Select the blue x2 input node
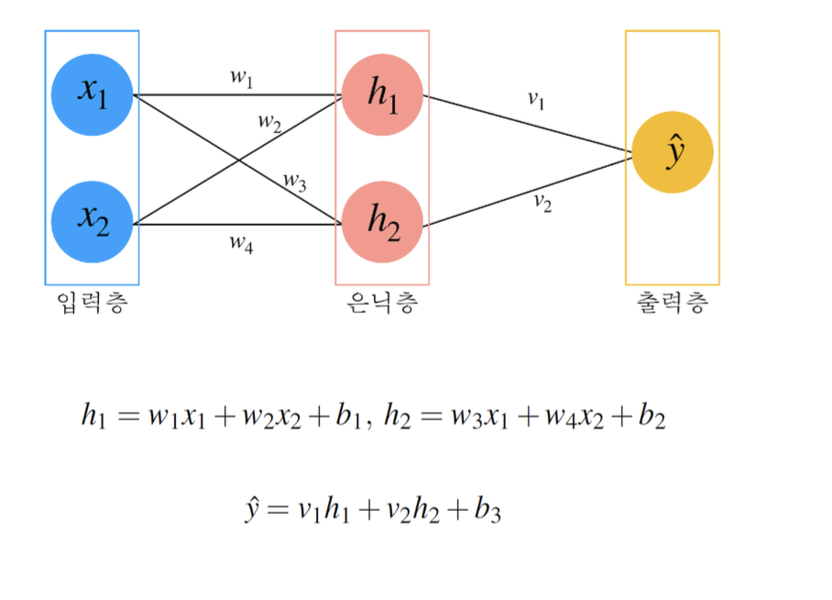pyautogui.click(x=93, y=222)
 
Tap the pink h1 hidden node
pyautogui.click(x=382, y=94)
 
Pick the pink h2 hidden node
pyautogui.click(x=382, y=222)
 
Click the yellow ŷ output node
pyautogui.click(x=673, y=153)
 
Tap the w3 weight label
pyautogui.click(x=294, y=181)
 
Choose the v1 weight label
pyautogui.click(x=536, y=100)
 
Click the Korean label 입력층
pyautogui.click(x=91, y=304)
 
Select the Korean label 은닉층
pyautogui.click(x=382, y=304)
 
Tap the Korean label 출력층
pyautogui.click(x=672, y=304)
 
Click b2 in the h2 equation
pyautogui.click(x=653, y=418)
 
